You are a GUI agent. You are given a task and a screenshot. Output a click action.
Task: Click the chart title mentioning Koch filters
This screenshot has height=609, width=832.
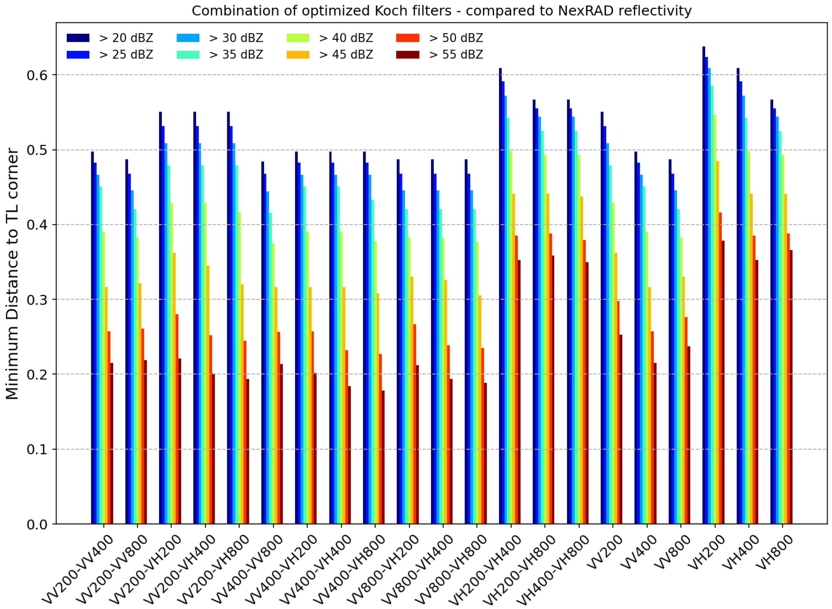coord(441,11)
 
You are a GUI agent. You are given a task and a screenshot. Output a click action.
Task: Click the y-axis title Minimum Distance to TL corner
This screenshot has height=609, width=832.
coord(12,273)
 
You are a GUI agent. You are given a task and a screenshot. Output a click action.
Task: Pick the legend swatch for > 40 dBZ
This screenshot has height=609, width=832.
coord(298,38)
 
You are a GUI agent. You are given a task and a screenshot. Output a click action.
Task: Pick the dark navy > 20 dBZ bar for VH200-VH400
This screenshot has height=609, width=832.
coord(501,295)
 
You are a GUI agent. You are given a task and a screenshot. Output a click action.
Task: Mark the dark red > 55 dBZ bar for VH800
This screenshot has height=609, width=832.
coord(791,387)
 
